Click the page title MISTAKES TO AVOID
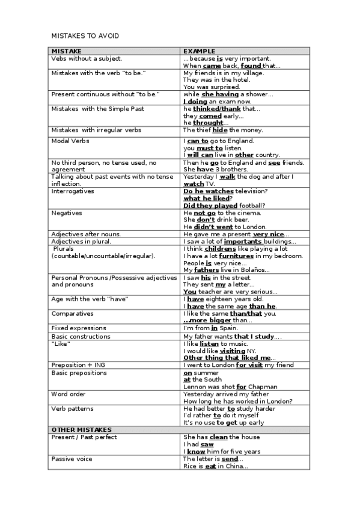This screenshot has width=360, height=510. tap(85, 36)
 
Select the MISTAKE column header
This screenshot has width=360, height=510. tap(66, 52)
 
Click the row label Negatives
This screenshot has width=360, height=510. tap(67, 213)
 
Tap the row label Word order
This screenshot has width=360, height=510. tap(69, 394)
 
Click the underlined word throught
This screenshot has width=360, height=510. tap(208, 123)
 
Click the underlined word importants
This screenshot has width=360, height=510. tap(243, 242)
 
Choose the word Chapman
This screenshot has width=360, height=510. tap(263, 387)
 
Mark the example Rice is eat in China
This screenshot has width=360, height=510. tap(215, 465)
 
